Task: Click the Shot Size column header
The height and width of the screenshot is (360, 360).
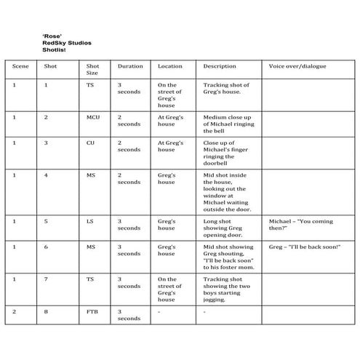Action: (92, 70)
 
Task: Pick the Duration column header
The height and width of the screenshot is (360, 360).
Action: (131, 66)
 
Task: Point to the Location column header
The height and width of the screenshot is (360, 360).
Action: (170, 66)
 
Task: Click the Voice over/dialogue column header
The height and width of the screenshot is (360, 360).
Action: (297, 66)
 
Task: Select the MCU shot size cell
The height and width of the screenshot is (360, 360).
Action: (93, 116)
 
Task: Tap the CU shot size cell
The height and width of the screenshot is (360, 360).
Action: (91, 143)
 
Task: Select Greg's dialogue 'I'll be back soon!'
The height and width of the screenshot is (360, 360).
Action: (304, 248)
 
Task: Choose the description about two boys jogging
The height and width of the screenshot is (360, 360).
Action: (226, 289)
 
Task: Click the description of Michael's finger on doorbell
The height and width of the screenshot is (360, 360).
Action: (223, 150)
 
